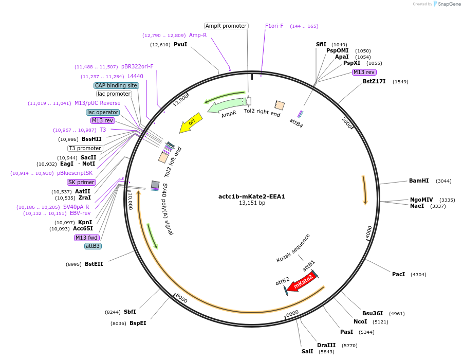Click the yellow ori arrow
191,123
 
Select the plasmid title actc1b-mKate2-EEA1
252,196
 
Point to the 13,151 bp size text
252,203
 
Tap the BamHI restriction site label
419,181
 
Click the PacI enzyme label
398,275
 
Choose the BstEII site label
94,264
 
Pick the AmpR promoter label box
226,26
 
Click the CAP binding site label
116,85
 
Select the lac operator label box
103,112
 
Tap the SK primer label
81,182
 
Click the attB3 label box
93,246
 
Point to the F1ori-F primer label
274,26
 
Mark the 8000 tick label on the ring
181,298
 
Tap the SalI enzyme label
307,352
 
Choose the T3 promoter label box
85,149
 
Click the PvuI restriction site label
180,45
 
